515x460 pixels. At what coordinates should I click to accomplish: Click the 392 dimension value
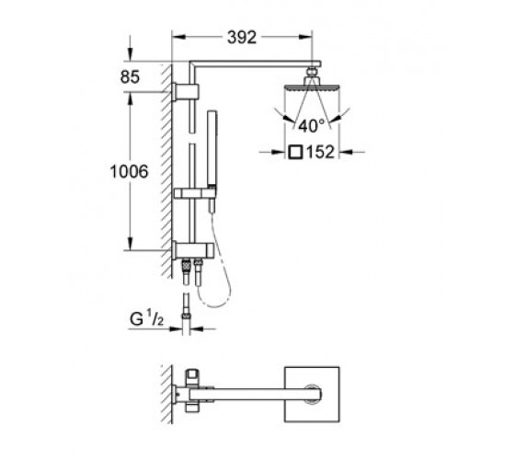(x=242, y=38)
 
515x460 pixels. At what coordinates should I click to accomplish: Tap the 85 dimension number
(x=130, y=77)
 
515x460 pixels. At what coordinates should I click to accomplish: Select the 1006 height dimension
(x=129, y=171)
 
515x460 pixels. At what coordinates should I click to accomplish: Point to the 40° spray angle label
(x=312, y=125)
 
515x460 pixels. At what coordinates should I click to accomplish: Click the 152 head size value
(x=321, y=152)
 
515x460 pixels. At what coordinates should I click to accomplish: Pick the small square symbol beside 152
(x=295, y=152)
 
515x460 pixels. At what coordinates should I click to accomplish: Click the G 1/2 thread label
(x=146, y=318)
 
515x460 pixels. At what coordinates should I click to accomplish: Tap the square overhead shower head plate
(x=312, y=87)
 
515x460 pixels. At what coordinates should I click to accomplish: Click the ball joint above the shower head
(x=312, y=72)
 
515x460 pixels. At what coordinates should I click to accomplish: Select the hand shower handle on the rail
(x=212, y=148)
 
